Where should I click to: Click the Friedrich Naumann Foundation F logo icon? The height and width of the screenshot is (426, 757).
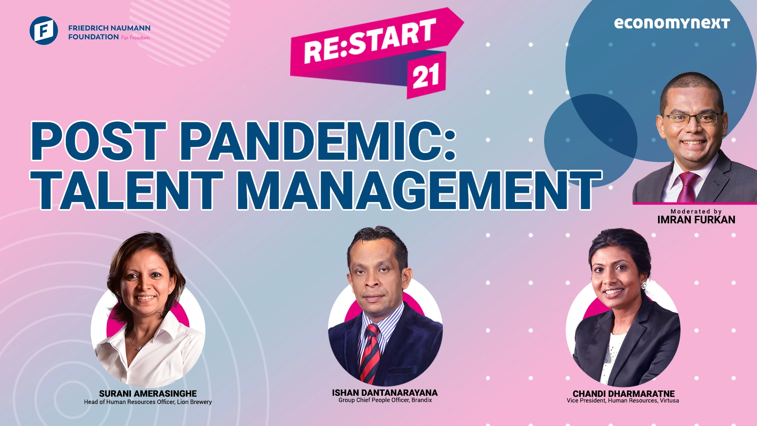click(44, 30)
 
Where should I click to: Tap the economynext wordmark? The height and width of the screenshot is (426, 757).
click(672, 23)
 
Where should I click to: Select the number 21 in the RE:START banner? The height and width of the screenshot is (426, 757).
click(426, 76)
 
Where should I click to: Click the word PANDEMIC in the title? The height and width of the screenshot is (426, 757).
click(318, 141)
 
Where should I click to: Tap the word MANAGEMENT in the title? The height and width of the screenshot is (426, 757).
click(419, 190)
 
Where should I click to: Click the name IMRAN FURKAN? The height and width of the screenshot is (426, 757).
click(696, 220)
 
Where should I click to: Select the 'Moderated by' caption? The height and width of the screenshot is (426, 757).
click(696, 211)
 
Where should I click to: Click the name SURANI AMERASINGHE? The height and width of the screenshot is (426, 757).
click(148, 394)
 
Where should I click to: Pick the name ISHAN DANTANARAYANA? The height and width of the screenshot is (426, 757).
click(385, 393)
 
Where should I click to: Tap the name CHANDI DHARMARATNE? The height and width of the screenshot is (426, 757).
click(624, 394)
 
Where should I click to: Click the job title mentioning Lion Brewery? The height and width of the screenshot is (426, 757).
click(148, 402)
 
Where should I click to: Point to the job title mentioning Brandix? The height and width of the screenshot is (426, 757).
click(385, 400)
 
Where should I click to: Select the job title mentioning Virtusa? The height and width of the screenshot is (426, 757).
click(623, 400)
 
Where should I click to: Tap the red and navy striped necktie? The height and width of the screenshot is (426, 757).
click(370, 353)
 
